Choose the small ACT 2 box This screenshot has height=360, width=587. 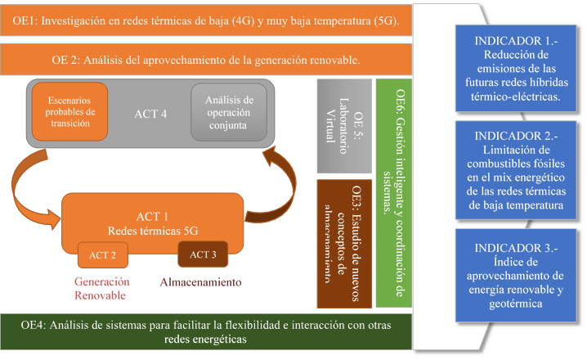102,255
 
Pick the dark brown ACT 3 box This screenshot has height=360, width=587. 202,254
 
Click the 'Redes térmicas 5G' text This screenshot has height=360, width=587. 151,229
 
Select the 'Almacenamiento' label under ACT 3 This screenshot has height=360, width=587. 201,282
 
